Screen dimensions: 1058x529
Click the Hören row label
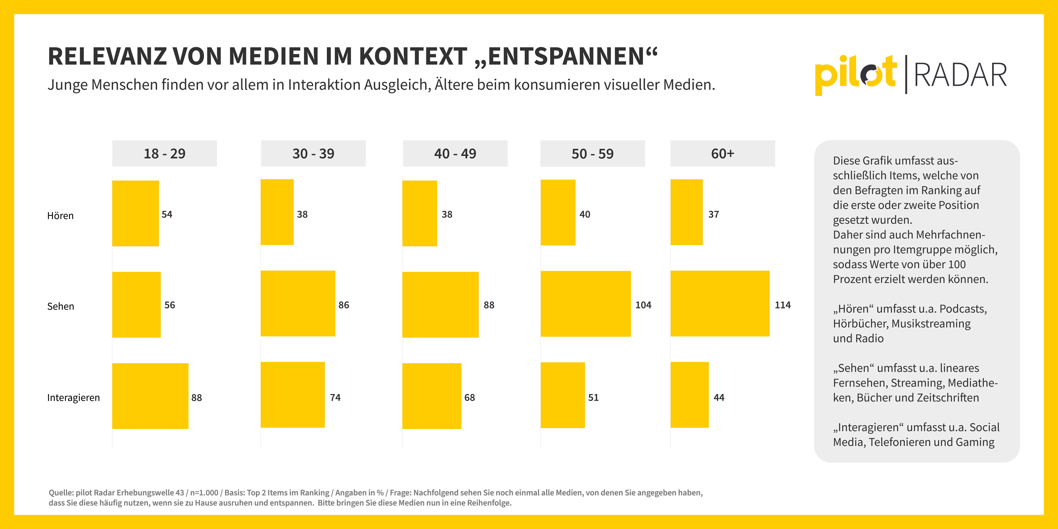pos(60,216)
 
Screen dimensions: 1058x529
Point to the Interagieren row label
pos(74,398)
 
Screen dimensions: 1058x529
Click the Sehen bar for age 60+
pos(720,303)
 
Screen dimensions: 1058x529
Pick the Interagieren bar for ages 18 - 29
pos(150,396)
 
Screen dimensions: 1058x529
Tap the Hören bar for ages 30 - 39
pos(277,212)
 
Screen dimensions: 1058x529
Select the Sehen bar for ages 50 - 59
pos(586,304)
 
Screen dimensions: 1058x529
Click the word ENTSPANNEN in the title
pos(566,56)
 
